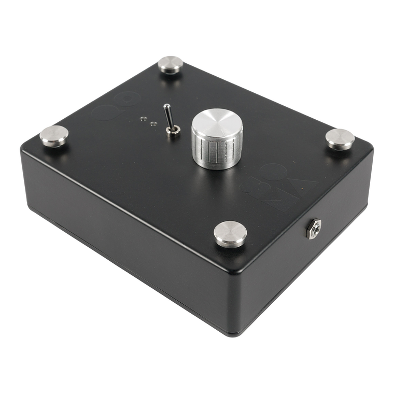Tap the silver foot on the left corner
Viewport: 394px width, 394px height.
tap(54, 135)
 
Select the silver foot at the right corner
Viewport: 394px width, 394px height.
tap(340, 138)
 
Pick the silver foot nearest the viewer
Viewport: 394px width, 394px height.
tap(230, 233)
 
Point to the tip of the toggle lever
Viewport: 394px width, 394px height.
tap(166, 107)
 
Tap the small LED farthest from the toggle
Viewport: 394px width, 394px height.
tap(143, 119)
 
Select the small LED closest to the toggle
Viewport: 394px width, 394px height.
tap(153, 123)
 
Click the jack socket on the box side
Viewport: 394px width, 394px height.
tap(313, 229)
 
